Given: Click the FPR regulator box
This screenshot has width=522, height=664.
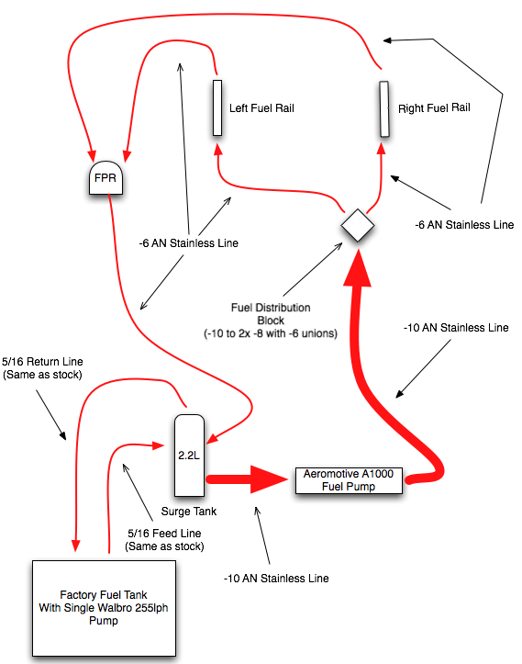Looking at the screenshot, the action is tap(106, 178).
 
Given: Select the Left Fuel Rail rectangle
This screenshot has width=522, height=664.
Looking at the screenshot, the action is tap(217, 108).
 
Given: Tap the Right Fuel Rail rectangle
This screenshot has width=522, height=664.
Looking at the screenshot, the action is tap(384, 109).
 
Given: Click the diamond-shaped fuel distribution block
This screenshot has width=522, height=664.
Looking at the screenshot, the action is tap(358, 225).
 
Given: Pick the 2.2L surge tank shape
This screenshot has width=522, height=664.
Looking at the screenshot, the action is tap(189, 456).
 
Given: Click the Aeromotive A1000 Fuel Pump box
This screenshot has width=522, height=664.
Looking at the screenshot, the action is tap(349, 480).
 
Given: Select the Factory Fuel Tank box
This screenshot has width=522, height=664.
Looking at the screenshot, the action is tap(104, 608).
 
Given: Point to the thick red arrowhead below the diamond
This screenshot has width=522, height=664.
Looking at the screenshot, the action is tap(358, 267).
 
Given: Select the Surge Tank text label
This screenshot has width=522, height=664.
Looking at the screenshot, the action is tap(189, 512).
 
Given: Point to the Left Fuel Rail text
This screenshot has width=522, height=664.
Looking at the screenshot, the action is tap(261, 108).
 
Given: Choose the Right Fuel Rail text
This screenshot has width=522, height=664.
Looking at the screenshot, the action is tap(434, 107).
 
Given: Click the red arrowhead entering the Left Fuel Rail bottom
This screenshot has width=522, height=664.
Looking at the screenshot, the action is tap(218, 149).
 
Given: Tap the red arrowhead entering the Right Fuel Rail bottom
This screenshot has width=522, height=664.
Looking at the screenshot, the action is tap(382, 148).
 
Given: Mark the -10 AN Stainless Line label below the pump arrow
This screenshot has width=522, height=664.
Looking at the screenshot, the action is tap(276, 578).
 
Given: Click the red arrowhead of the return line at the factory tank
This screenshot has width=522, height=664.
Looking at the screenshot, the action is tap(76, 546).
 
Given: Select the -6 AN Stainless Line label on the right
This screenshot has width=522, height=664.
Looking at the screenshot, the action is tap(464, 224).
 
